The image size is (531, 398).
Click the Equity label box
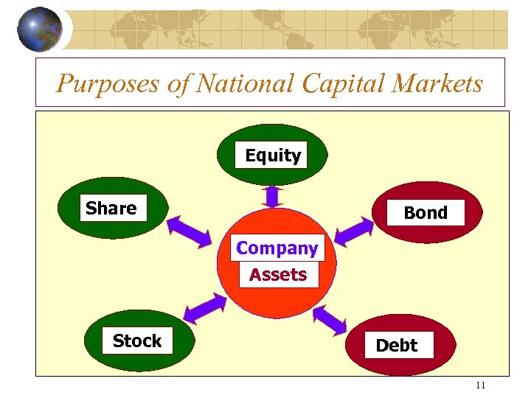(x=273, y=156)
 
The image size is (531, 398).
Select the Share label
(x=111, y=209)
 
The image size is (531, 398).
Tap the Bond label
(x=425, y=213)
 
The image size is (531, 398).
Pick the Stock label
(x=137, y=341)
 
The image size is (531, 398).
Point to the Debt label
(x=397, y=345)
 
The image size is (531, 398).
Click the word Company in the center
(x=277, y=248)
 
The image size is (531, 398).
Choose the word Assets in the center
(x=278, y=275)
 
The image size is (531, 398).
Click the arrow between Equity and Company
(x=272, y=196)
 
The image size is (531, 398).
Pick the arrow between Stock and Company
(x=204, y=309)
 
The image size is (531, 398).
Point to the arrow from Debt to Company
(x=330, y=319)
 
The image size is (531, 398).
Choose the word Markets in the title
(x=438, y=83)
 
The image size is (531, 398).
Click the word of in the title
(x=178, y=83)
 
